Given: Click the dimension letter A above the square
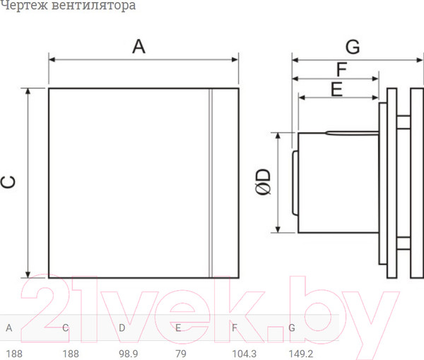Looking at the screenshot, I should click(139, 47).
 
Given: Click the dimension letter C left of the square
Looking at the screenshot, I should click(9, 182).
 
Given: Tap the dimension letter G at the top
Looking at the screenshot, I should click(353, 47).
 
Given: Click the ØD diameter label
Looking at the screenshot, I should click(261, 181).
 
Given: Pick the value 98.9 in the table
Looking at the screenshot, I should click(128, 353).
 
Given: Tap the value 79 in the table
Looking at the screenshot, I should click(182, 353).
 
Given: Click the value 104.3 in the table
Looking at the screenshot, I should click(245, 353).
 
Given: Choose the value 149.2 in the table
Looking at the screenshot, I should click(301, 353).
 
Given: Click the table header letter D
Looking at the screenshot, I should click(122, 328).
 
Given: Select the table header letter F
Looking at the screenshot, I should click(234, 328).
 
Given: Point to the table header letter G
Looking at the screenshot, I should click(291, 328).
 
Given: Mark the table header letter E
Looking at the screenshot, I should click(178, 328).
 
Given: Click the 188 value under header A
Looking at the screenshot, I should click(13, 353).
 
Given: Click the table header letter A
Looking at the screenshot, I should click(8, 328).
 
